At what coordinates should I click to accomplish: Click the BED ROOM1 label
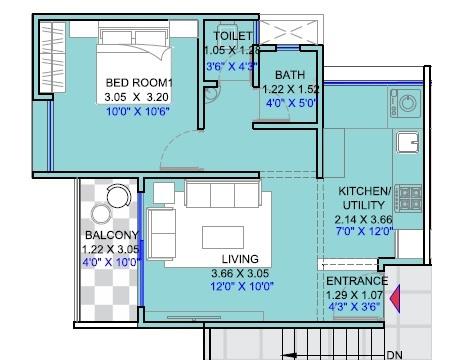(x=139, y=82)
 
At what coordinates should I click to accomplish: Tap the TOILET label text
(x=231, y=36)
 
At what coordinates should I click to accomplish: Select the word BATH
(x=290, y=74)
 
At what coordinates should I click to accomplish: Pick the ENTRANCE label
(x=356, y=282)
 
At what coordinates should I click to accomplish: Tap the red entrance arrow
(x=395, y=298)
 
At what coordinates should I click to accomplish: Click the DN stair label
(x=395, y=352)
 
